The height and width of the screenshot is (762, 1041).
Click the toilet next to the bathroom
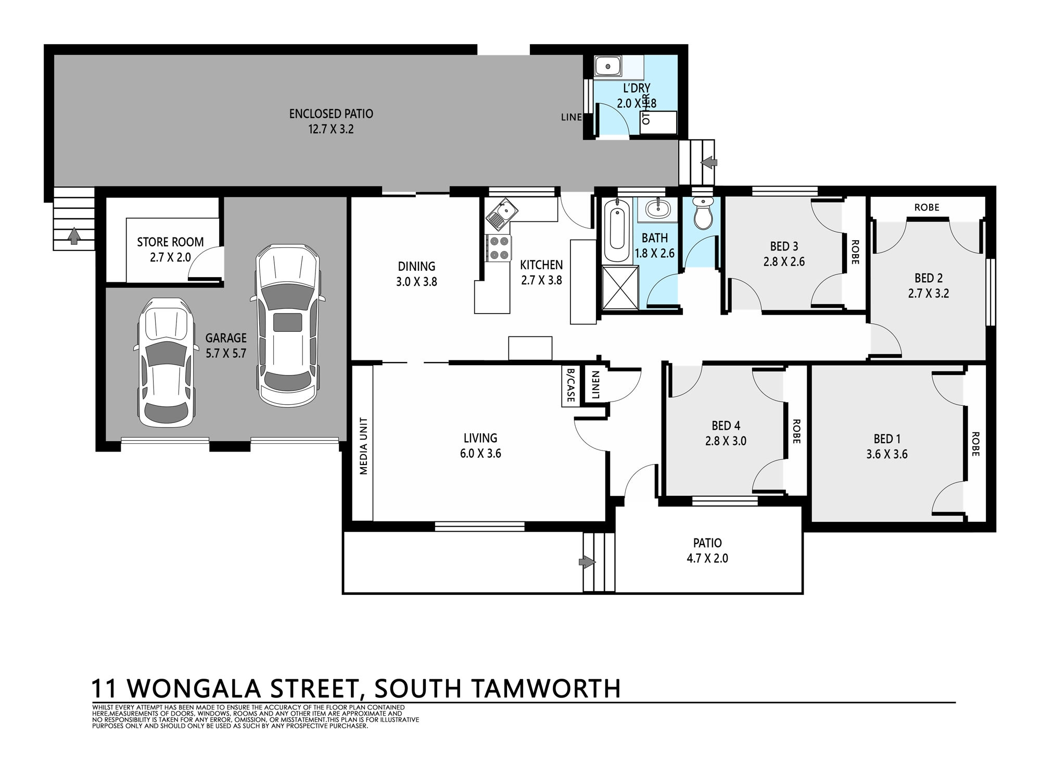[703, 213]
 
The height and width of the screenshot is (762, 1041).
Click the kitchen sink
[501, 215]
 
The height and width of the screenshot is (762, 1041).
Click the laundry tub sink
[606, 67]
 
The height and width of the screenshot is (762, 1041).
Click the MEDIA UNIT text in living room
[363, 446]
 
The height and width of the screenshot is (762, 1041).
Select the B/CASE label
[570, 385]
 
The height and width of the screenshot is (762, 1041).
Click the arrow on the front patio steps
[587, 561]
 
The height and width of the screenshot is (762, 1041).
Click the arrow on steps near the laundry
[708, 163]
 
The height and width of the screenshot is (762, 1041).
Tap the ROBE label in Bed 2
[927, 207]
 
